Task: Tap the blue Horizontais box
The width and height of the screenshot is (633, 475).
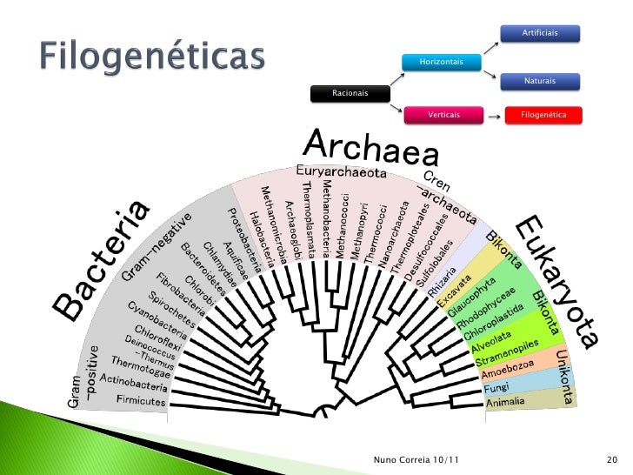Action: [441, 62]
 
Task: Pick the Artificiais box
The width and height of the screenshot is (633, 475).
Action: [539, 32]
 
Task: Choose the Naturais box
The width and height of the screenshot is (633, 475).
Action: [539, 81]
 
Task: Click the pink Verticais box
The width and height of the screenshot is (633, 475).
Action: [443, 115]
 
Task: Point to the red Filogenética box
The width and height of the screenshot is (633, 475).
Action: [543, 115]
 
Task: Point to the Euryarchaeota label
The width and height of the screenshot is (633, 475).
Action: [341, 171]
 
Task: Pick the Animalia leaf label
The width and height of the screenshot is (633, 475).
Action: [505, 403]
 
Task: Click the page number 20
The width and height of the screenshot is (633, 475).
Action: [610, 458]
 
